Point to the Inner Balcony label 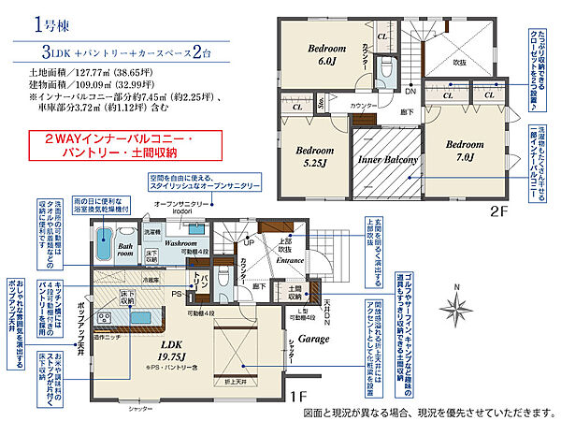point(386,161)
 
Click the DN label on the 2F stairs point(409,91)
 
